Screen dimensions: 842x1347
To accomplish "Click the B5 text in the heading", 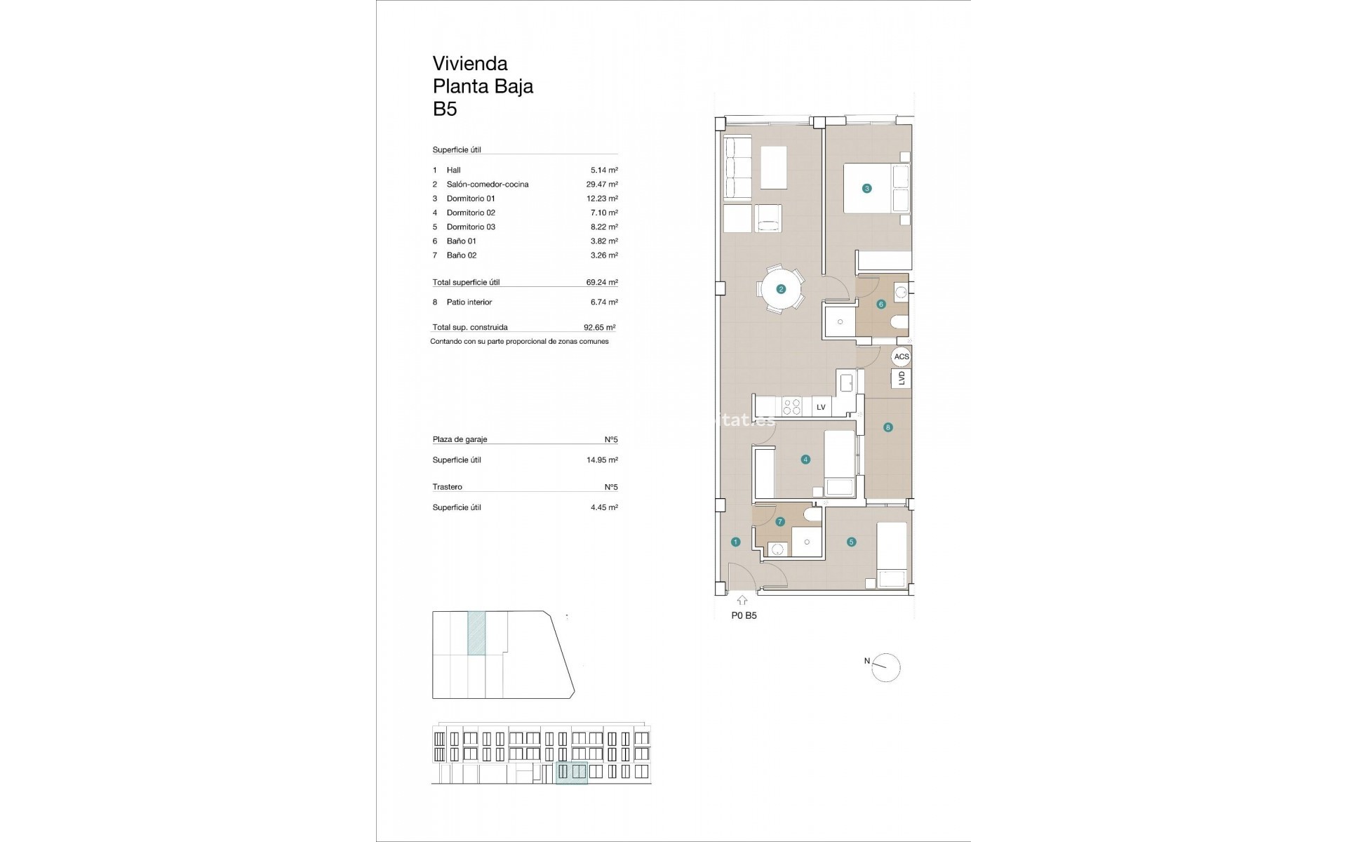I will [x=445, y=109].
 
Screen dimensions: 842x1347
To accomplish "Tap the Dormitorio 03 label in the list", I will [x=471, y=227].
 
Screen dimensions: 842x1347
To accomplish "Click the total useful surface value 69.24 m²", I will [x=602, y=283].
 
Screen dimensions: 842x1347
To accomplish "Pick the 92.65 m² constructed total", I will [x=599, y=328].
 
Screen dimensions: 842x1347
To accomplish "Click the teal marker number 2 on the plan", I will [x=781, y=289].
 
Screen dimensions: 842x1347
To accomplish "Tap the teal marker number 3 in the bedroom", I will [x=867, y=188].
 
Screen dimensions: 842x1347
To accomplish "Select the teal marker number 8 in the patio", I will [x=888, y=427].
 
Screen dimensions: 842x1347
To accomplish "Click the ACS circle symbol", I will [x=902, y=356].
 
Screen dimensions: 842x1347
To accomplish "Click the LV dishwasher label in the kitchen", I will [x=821, y=407].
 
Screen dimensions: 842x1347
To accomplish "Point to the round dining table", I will [x=781, y=289].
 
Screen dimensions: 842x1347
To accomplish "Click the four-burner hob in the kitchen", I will [x=792, y=407].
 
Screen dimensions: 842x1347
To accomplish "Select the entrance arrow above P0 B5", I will [x=742, y=601].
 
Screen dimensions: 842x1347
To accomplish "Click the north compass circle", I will [x=886, y=668].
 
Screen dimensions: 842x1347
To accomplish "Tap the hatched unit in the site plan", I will [x=476, y=633].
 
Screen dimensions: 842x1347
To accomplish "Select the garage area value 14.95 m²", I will [x=603, y=460].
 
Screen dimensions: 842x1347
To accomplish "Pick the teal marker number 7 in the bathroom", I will [x=780, y=522].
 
